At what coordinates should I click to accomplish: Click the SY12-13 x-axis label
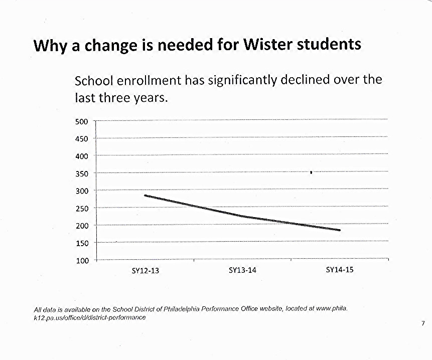[145, 270]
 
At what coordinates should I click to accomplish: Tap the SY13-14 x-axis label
[242, 270]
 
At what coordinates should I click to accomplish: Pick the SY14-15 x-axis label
[340, 270]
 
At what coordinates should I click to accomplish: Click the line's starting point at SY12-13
[145, 195]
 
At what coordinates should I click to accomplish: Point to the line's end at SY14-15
[340, 230]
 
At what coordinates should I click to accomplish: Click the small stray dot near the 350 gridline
[311, 172]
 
